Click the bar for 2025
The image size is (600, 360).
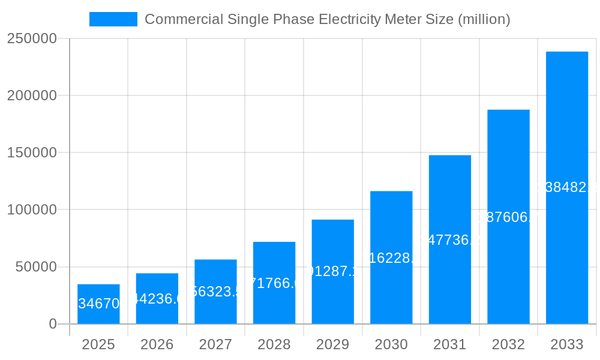98,304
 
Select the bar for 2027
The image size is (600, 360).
215,292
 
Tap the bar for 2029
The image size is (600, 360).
332,271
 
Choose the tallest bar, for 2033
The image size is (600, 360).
566,187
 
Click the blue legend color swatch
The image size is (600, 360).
113,19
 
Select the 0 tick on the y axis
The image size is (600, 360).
52,324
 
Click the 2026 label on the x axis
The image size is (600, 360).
157,344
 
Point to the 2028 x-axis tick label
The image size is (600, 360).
274,344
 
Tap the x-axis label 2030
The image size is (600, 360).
391,344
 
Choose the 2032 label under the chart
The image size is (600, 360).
508,344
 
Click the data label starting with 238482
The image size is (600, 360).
566,188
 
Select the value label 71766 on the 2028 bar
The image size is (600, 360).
274,283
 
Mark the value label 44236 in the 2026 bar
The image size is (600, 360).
157,299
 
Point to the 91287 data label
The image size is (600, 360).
332,271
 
